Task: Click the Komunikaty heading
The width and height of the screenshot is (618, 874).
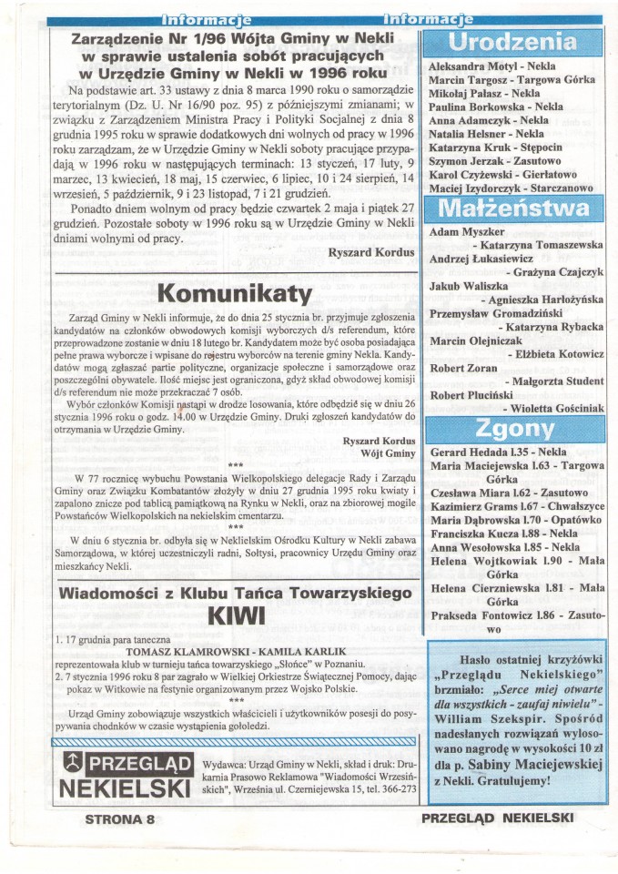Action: tap(236, 293)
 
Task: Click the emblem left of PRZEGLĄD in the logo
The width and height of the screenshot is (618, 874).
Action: tap(69, 761)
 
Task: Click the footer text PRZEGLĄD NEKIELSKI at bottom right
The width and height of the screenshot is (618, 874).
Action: tap(496, 818)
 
